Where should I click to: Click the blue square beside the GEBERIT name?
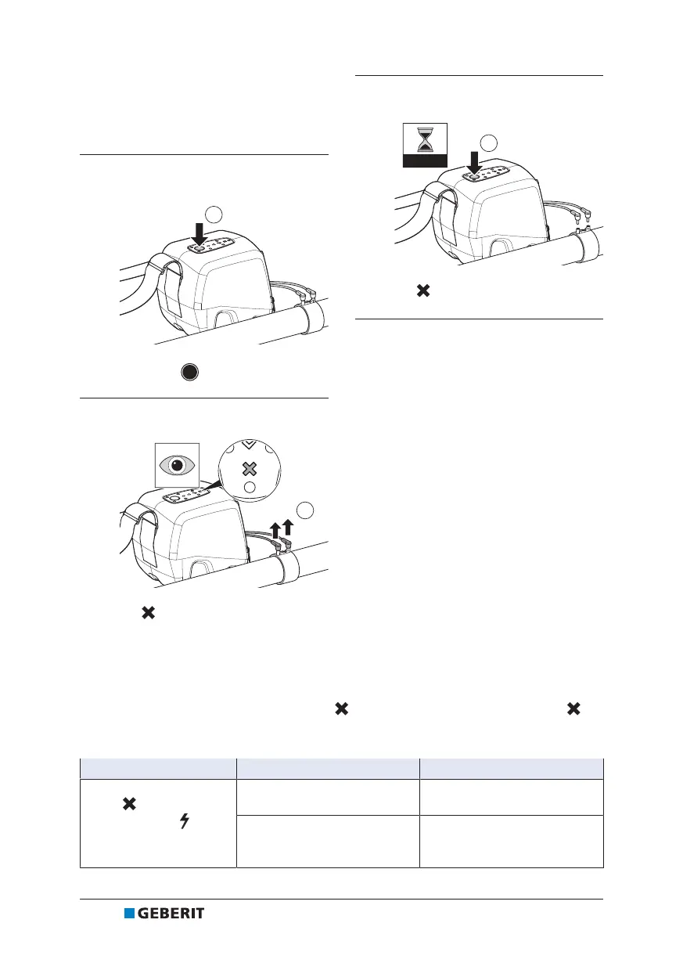tap(129, 914)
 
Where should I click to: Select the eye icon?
tap(176, 463)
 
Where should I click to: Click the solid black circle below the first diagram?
tap(188, 372)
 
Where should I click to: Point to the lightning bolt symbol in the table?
tap(185, 820)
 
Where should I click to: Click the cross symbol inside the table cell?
tap(129, 803)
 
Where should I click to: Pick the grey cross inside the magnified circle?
tap(249, 469)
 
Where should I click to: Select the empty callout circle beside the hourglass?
tap(489, 142)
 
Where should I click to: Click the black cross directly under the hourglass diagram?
tap(422, 291)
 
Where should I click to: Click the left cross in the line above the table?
tap(341, 709)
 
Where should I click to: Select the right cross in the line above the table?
tap(573, 709)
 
